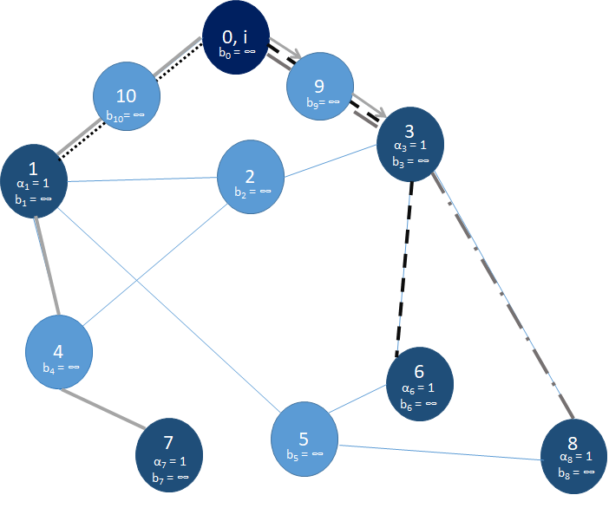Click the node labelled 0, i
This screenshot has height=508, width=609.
pyautogui.click(x=235, y=39)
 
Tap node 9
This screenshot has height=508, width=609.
pyautogui.click(x=321, y=91)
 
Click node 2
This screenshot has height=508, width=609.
pyautogui.click(x=252, y=174)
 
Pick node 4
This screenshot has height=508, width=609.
pyautogui.click(x=59, y=351)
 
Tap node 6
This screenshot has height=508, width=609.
pyautogui.click(x=420, y=383)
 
